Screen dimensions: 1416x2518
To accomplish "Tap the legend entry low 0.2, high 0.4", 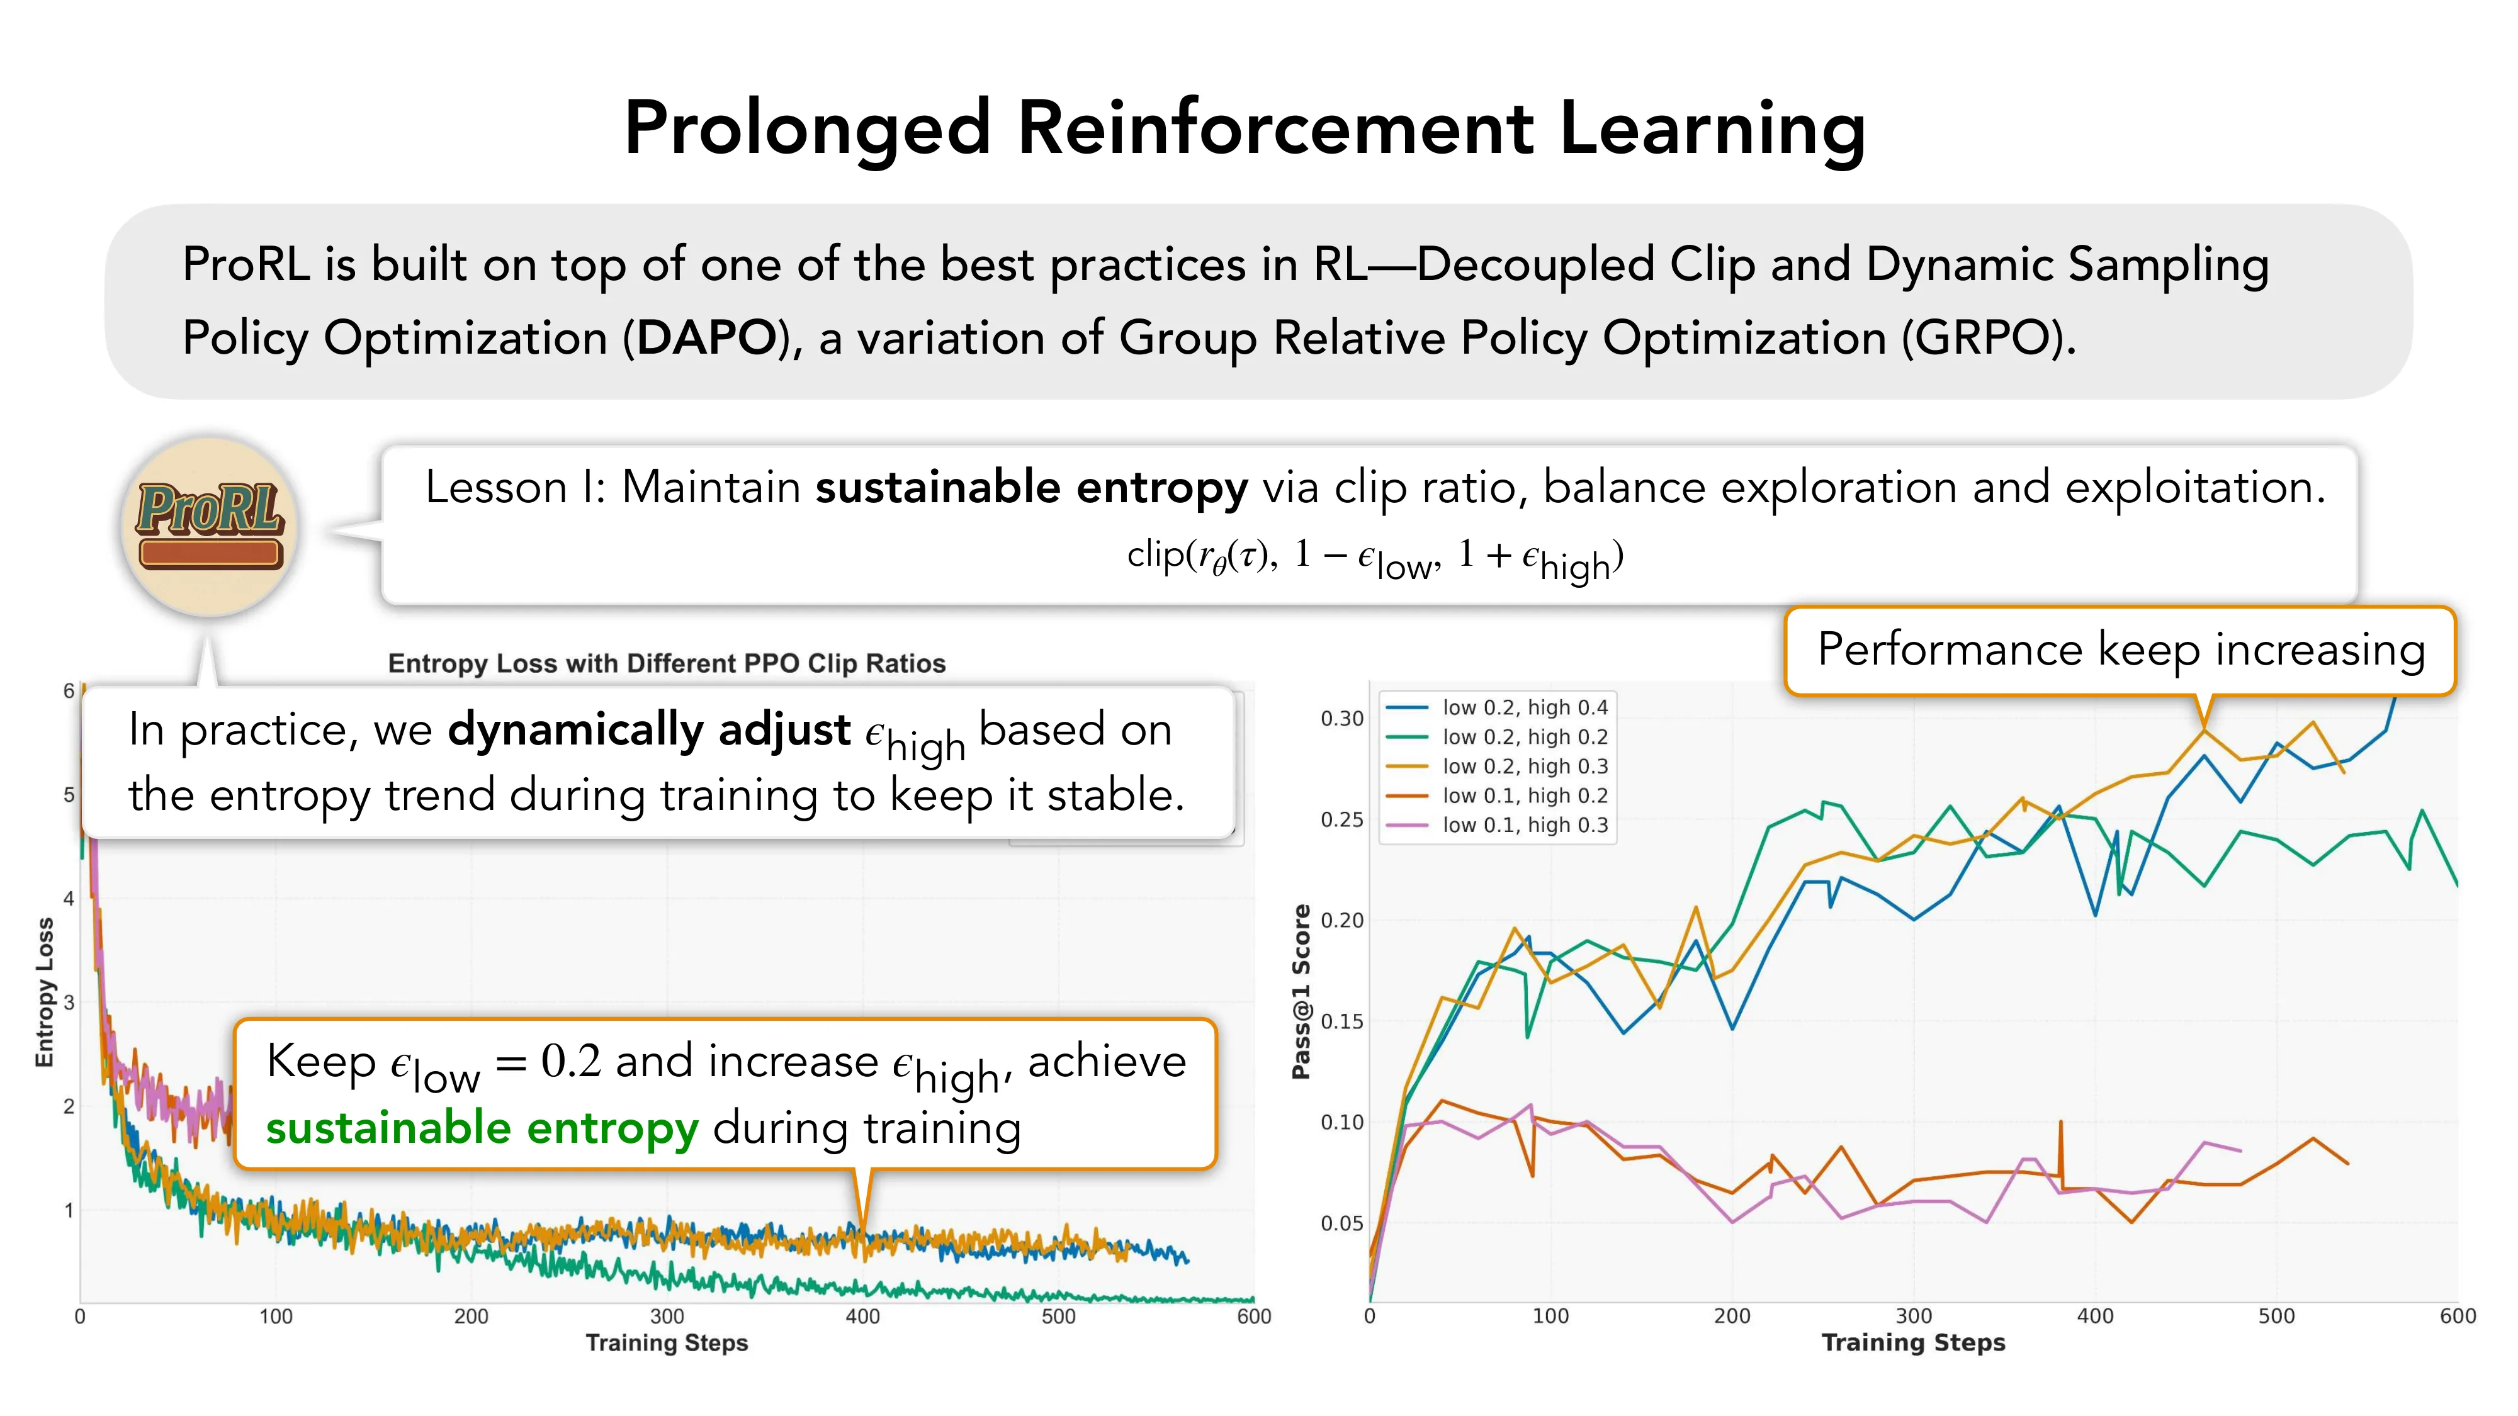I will click(1524, 707).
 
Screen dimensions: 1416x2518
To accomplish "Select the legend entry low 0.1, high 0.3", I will click(1524, 825).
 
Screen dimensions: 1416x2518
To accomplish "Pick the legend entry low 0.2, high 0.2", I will click(1524, 737).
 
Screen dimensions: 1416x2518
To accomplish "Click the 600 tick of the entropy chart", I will click(1253, 1317).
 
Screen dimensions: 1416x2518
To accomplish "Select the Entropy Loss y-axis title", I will click(44, 992).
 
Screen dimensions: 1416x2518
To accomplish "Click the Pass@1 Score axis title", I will click(1301, 991).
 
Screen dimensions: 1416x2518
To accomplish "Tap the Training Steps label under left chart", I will click(667, 1343).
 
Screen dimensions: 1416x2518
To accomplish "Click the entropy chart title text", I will click(667, 663).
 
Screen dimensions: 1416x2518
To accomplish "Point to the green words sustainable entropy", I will click(482, 1128).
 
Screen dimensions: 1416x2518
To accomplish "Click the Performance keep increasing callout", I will click(2120, 650).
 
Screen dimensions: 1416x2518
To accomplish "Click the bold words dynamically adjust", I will click(649, 730).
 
